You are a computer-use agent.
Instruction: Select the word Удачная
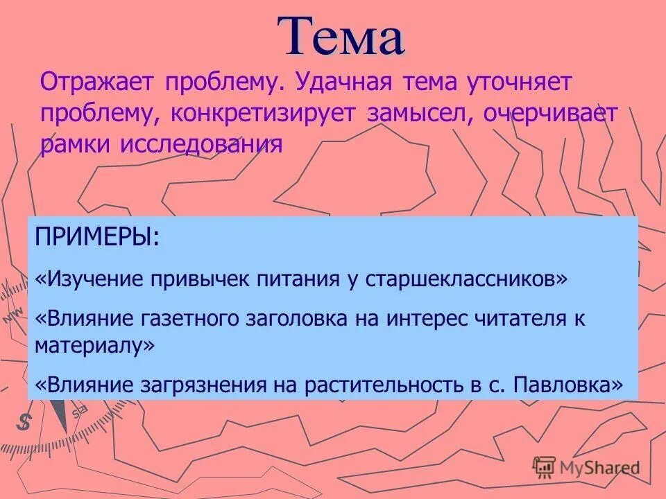click(x=343, y=84)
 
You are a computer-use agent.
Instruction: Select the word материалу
click(x=91, y=344)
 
